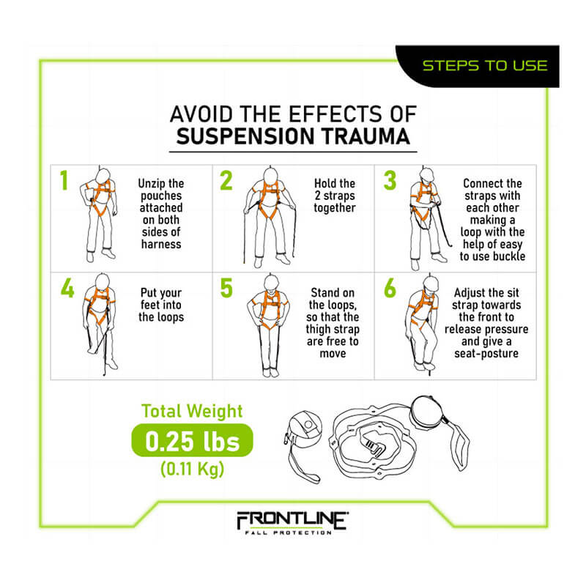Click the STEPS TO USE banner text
click(x=484, y=65)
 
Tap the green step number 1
click(x=64, y=181)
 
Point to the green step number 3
click(x=389, y=181)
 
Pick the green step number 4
click(x=66, y=288)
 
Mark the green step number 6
click(x=389, y=288)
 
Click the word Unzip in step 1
click(x=151, y=183)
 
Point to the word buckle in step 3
click(x=508, y=256)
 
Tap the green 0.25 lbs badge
click(x=191, y=442)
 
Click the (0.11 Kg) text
click(x=191, y=469)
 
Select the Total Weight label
click(x=191, y=412)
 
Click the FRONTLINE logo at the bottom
click(x=292, y=522)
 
